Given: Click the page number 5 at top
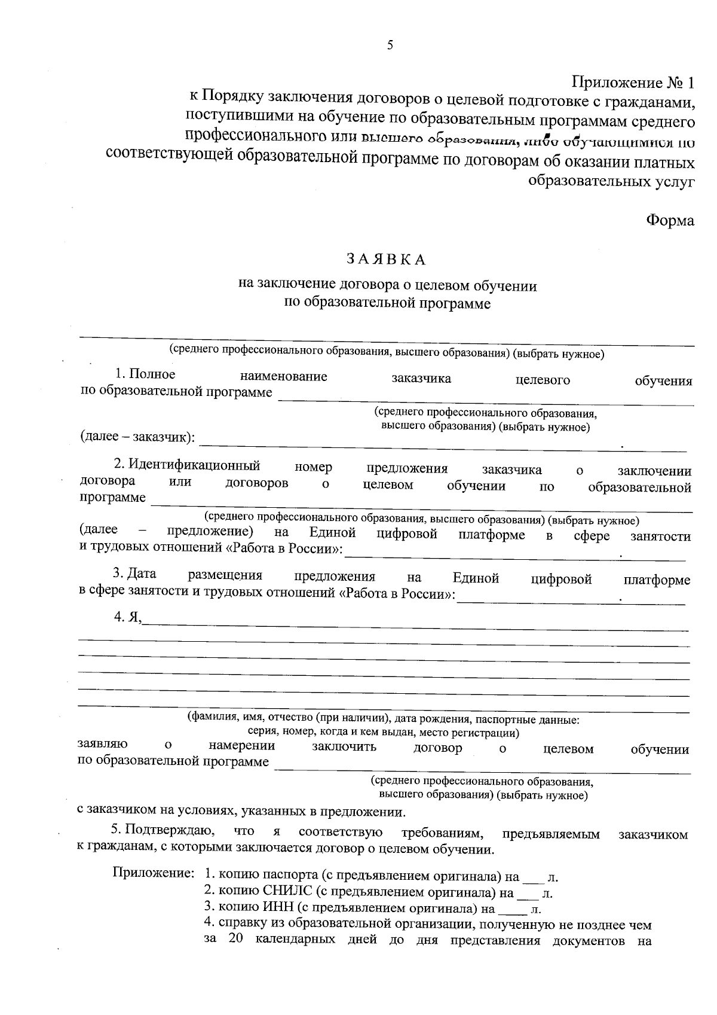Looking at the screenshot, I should (x=390, y=45).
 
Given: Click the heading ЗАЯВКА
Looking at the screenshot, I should (x=387, y=259).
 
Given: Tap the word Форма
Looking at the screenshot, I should (x=670, y=220).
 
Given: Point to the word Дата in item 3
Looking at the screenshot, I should (x=142, y=574).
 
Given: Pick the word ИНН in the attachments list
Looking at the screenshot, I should (x=276, y=909).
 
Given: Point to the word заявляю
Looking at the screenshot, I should (x=102, y=745).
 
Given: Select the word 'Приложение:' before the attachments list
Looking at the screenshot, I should (x=154, y=873).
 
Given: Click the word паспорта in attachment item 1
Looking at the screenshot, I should (x=290, y=877).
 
